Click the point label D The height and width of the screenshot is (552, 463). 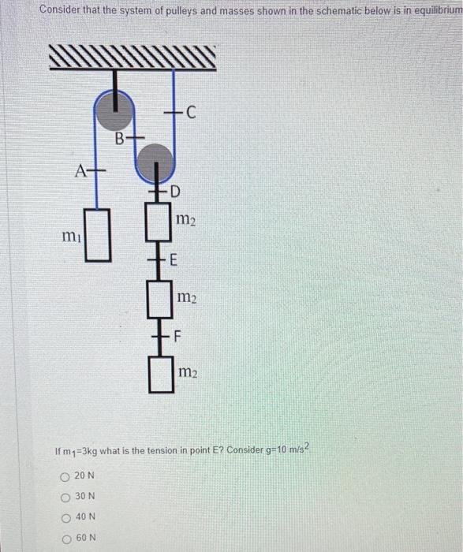pos(175,192)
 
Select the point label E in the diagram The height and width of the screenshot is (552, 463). pos(174,261)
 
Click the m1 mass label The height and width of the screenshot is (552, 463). pos(72,237)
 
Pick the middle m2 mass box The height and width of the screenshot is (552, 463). pos(160,298)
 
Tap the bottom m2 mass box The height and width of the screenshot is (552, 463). pos(160,374)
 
